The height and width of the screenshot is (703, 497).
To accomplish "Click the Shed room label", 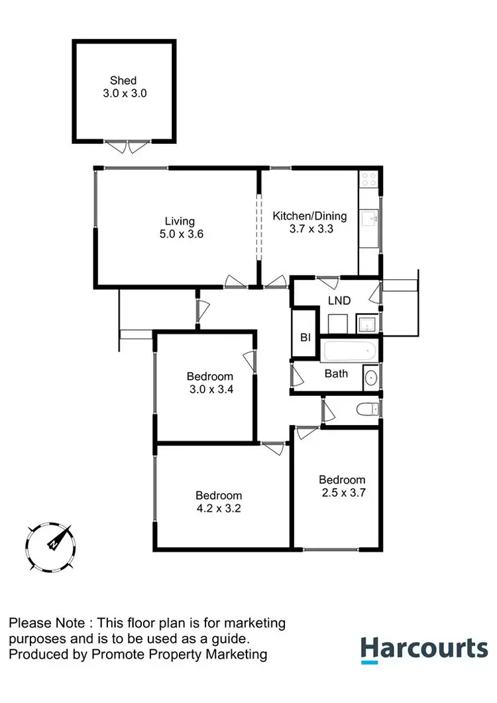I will pyautogui.click(x=124, y=81).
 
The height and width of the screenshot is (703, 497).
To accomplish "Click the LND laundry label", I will pyautogui.click(x=339, y=300).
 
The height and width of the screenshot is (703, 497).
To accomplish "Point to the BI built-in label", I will pyautogui.click(x=305, y=338).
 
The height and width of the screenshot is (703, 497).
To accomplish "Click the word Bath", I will pyautogui.click(x=336, y=373).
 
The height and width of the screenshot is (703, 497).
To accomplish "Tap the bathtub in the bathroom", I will pyautogui.click(x=349, y=351).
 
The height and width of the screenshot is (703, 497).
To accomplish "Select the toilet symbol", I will pyautogui.click(x=367, y=409).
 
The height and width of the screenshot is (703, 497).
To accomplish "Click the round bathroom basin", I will pyautogui.click(x=370, y=379).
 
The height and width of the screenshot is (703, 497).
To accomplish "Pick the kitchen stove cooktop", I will pyautogui.click(x=368, y=180).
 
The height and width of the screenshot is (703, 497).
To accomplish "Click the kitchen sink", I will pyautogui.click(x=368, y=218).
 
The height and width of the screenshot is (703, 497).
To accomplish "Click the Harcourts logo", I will pyautogui.click(x=424, y=648).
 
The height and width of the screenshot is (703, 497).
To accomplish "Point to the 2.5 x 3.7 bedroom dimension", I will pyautogui.click(x=341, y=493).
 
